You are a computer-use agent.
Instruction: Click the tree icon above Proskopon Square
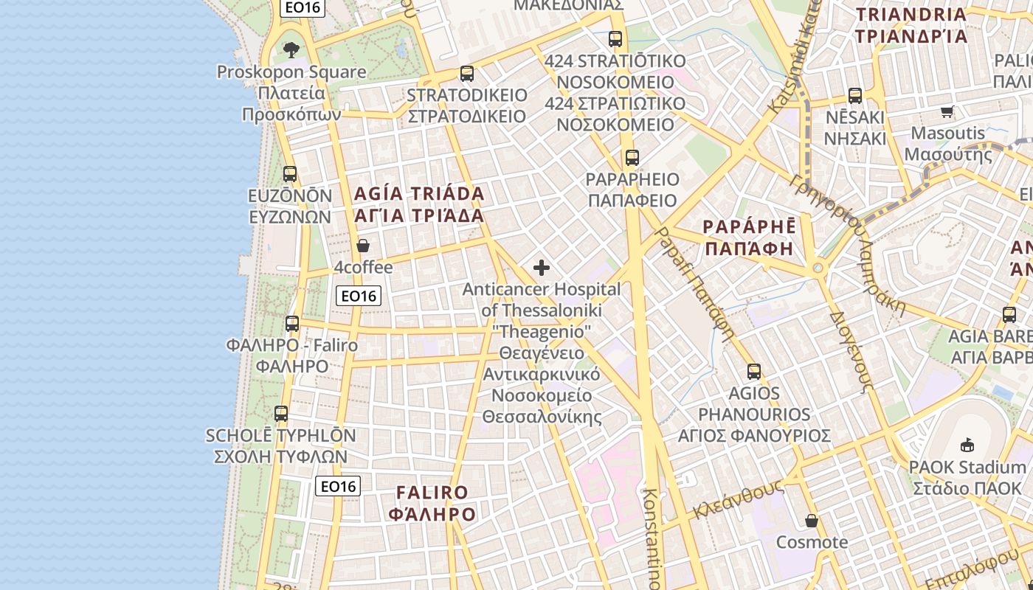[x=291, y=50]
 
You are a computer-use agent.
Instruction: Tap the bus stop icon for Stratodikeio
[x=466, y=74]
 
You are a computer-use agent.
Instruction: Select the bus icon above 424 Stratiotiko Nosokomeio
[x=615, y=39]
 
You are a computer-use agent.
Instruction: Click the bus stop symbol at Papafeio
[x=632, y=157]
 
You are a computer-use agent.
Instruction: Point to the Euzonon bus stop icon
[x=290, y=174]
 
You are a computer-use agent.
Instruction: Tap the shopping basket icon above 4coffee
[x=362, y=246]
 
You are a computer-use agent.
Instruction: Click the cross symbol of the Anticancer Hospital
[x=542, y=268]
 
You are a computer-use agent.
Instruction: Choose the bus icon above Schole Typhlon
[x=281, y=414]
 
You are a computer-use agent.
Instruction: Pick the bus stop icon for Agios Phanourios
[x=753, y=372]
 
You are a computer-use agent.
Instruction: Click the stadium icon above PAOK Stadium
[x=967, y=445]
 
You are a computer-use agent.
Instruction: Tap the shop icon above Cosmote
[x=812, y=521]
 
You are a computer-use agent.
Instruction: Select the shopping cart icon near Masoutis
[x=947, y=111]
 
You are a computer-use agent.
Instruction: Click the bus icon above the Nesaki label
[x=854, y=96]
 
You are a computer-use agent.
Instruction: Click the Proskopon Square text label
[x=291, y=72]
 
